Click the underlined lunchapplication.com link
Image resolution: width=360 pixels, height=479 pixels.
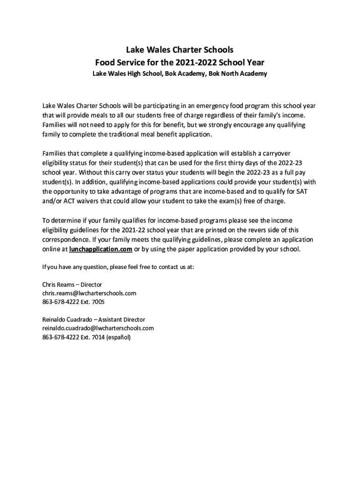pyautogui.click(x=101, y=249)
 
